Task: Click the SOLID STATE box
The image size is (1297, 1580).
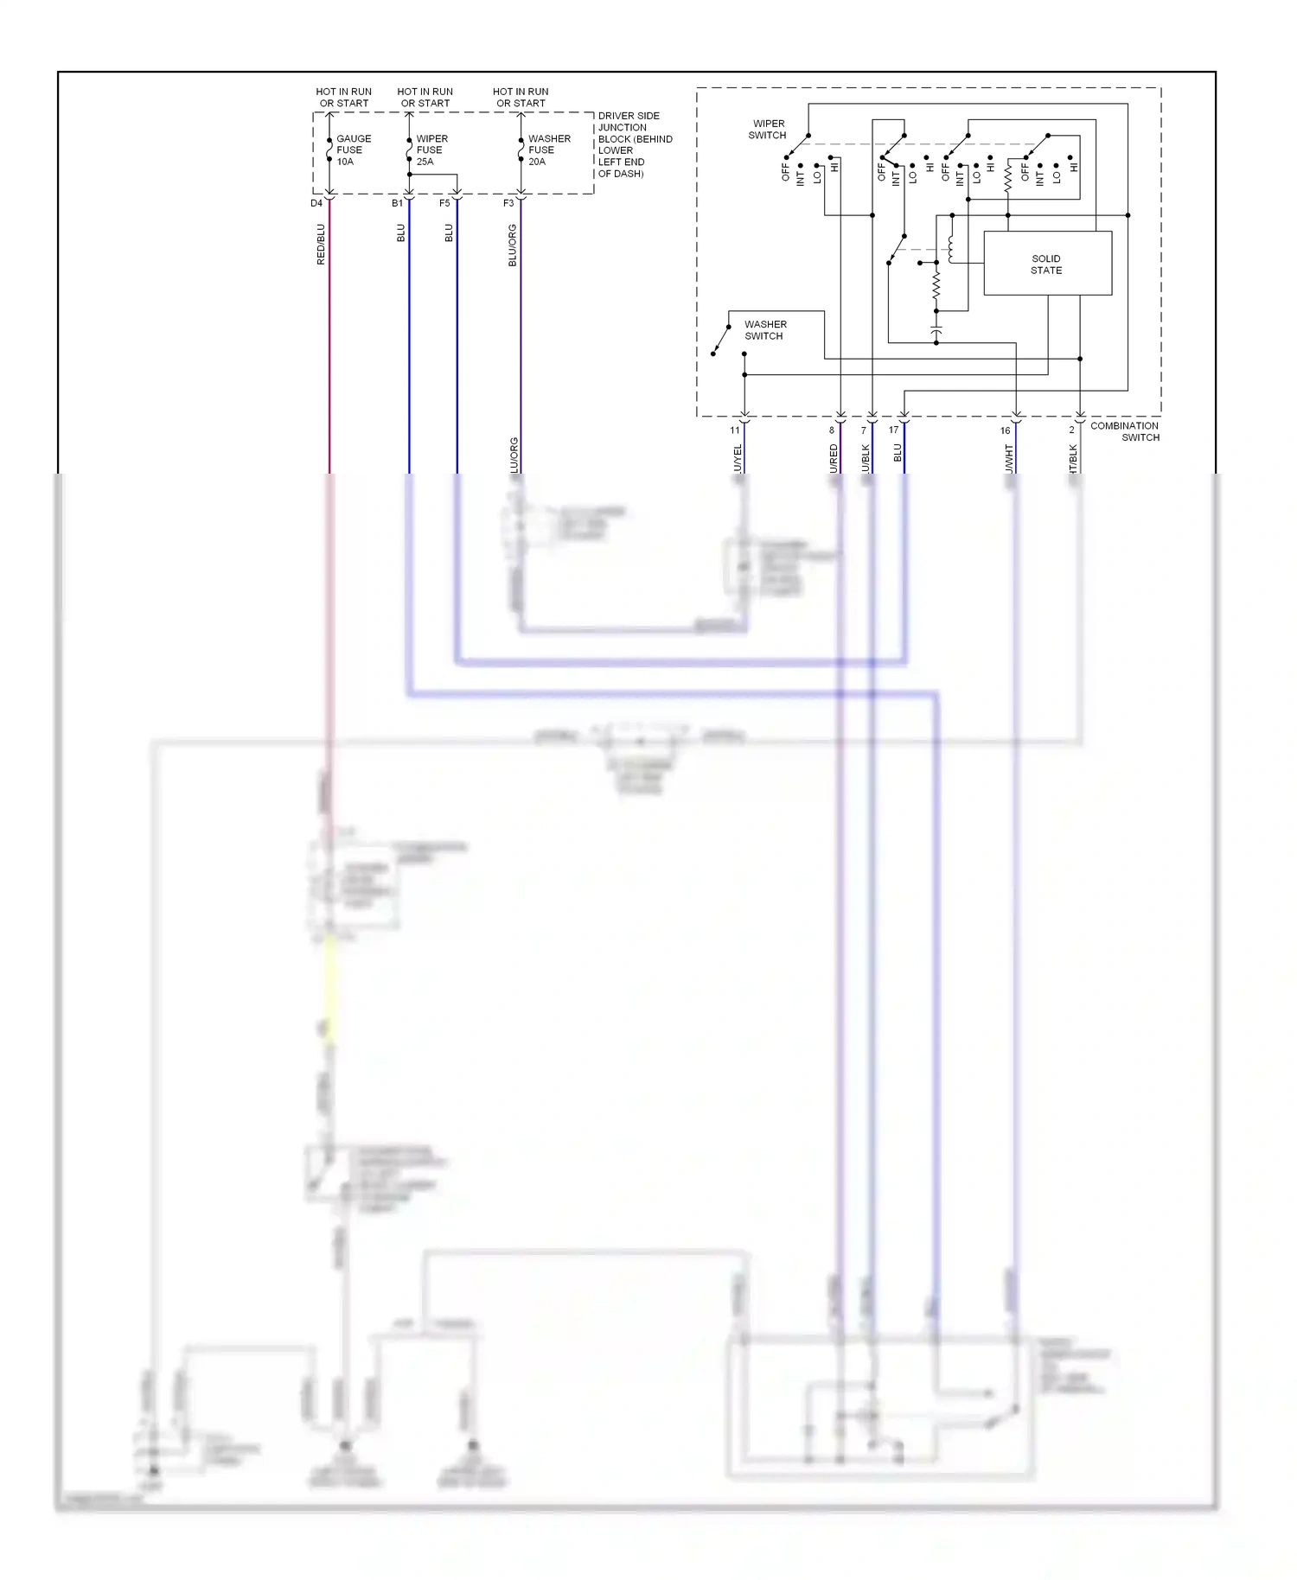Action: (1047, 264)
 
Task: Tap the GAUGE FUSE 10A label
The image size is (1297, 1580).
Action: (353, 150)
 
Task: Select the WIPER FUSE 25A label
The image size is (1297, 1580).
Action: (431, 150)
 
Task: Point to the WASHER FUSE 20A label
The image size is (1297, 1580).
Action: (549, 150)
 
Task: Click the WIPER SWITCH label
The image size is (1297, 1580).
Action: (768, 129)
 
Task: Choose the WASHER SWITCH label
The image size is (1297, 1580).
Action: (765, 330)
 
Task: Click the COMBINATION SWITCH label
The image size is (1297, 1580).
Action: (1125, 431)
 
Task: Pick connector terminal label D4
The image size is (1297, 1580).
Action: (316, 204)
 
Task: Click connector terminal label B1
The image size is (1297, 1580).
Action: (397, 204)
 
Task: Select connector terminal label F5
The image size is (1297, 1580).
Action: (444, 204)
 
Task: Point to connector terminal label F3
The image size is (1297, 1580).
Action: (508, 204)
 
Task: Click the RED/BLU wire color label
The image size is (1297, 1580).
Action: (321, 244)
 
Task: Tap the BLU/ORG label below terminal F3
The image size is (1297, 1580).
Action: (513, 245)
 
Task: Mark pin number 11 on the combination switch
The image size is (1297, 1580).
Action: (735, 430)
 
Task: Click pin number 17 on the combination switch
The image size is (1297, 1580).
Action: (893, 430)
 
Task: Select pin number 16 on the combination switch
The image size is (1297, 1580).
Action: (1005, 430)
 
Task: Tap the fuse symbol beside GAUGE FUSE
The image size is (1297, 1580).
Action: (329, 150)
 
